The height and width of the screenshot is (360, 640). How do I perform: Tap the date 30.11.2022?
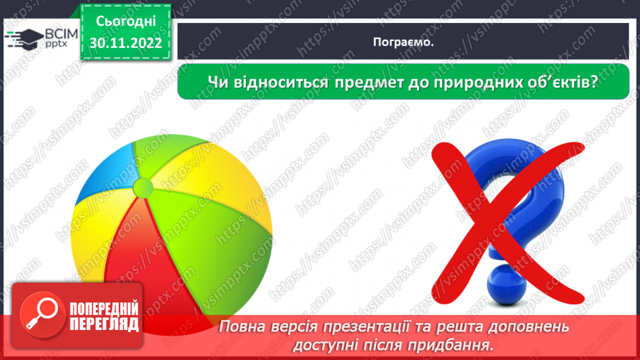tap(124, 43)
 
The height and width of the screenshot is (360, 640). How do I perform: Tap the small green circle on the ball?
tap(142, 186)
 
